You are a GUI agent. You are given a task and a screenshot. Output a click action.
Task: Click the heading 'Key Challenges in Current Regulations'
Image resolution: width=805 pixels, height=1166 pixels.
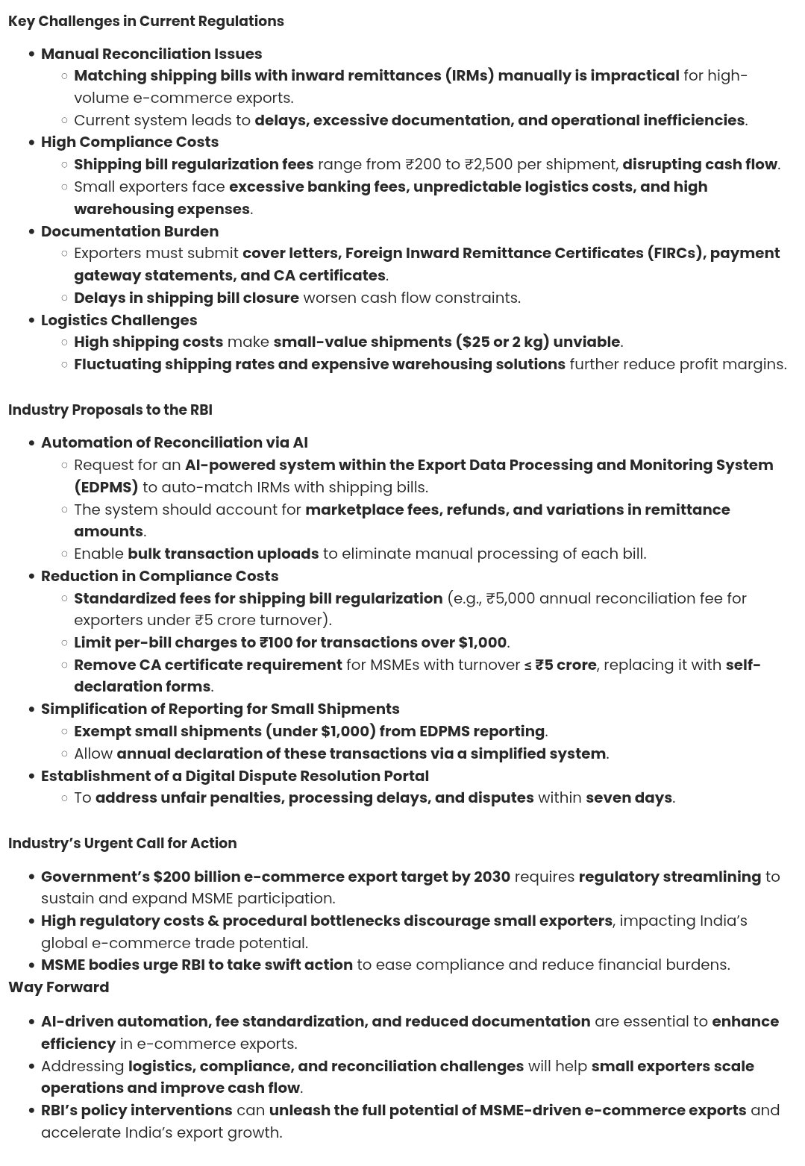point(145,21)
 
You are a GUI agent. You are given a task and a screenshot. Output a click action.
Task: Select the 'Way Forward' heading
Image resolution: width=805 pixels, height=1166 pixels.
point(58,987)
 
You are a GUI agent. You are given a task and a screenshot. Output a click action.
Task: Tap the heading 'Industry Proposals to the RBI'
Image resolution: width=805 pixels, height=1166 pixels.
point(110,410)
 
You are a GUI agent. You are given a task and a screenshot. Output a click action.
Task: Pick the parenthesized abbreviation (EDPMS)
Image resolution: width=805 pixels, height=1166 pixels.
point(106,487)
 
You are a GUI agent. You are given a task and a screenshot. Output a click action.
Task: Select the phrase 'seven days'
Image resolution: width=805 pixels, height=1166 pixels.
point(628,797)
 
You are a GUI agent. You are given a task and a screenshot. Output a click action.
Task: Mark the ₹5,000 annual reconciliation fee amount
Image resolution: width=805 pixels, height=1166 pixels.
point(510,598)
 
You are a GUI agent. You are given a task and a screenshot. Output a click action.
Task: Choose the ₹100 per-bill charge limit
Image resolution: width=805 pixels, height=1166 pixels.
point(276,642)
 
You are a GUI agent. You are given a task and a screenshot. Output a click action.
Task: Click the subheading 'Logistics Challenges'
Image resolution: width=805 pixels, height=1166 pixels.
point(119,320)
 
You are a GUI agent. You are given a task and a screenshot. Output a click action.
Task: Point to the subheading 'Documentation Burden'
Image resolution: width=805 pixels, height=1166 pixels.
point(130,231)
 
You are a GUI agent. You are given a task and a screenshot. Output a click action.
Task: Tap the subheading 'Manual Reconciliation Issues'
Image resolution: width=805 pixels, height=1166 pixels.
point(151,54)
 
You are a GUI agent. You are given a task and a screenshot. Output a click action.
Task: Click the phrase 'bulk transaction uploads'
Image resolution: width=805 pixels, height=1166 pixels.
point(223,554)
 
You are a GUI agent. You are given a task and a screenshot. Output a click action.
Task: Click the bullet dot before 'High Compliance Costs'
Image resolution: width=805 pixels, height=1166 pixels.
point(31,142)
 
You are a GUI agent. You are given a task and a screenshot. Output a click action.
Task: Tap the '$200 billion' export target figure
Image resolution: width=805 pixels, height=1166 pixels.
point(196,877)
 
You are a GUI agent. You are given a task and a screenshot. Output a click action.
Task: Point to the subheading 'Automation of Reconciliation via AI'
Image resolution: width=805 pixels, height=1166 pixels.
point(175,442)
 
